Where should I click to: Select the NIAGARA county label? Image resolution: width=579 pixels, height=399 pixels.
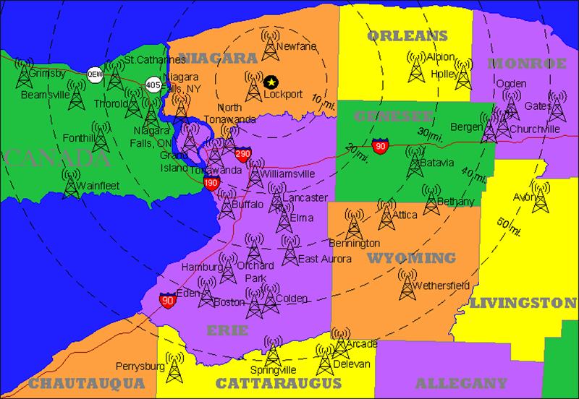(218, 58)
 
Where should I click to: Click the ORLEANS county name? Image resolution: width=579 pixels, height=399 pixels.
(407, 35)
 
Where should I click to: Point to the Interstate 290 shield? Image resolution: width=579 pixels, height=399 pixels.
(243, 153)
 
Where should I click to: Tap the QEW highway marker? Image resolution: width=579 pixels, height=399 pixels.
(96, 74)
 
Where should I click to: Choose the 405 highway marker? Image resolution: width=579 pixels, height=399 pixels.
(153, 85)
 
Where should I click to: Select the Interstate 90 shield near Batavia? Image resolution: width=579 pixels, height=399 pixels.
(380, 146)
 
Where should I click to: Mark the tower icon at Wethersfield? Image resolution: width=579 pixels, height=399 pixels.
(407, 282)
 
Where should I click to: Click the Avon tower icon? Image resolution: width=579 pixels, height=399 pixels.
(540, 196)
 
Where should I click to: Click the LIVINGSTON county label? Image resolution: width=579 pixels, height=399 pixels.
(523, 303)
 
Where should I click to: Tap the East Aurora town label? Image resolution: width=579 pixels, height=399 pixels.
(325, 259)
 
